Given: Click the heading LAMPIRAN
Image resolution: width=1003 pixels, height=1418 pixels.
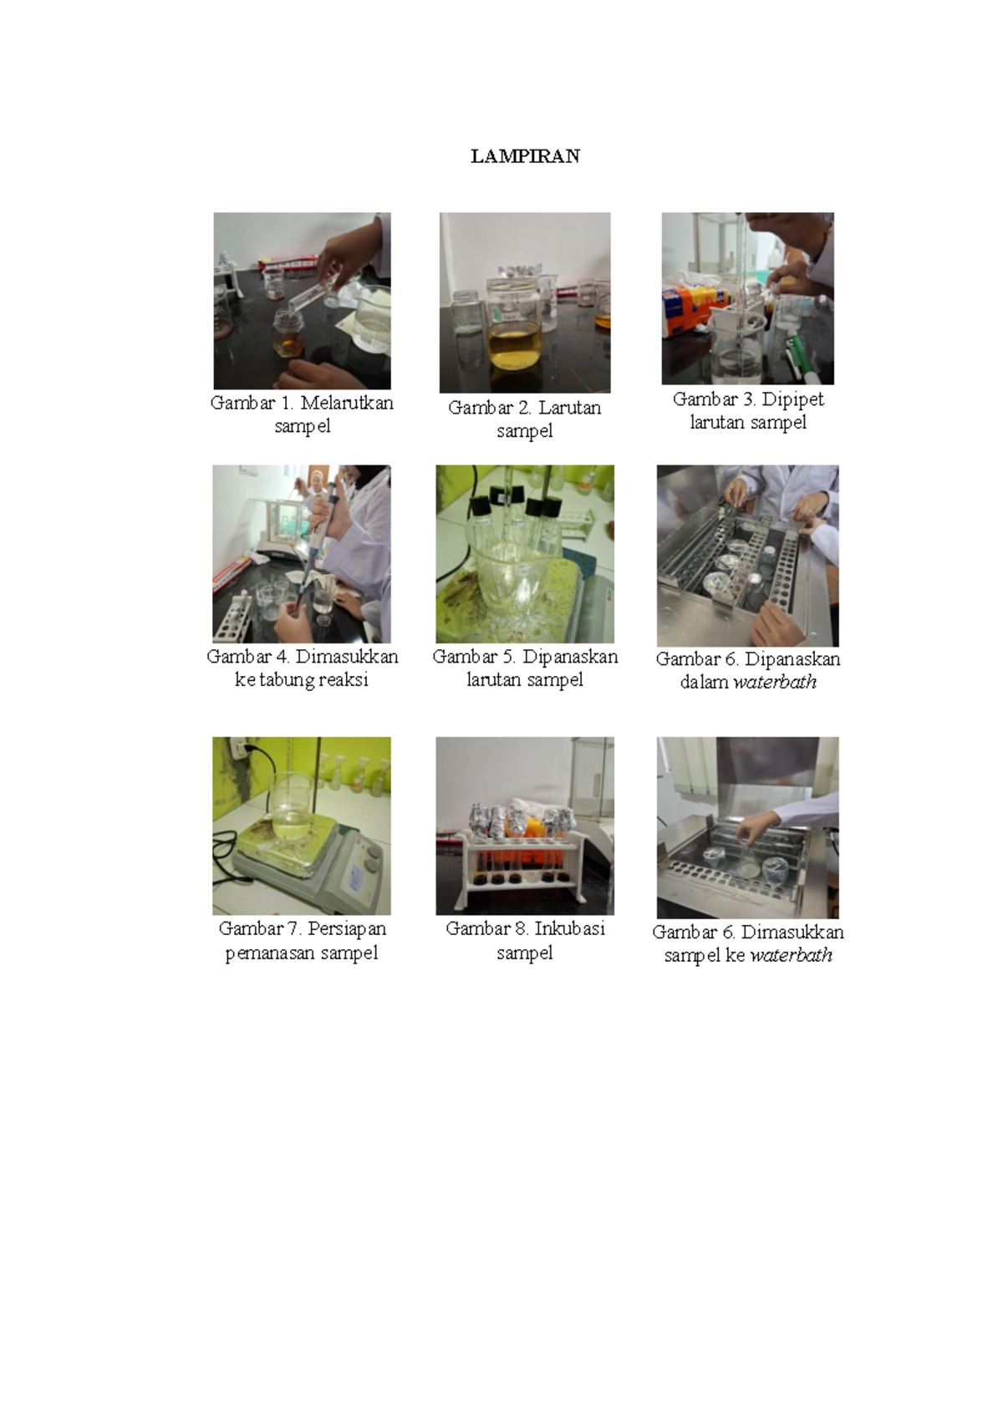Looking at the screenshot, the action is (x=525, y=156).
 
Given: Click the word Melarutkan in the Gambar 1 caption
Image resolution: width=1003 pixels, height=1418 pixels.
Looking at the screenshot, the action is (x=347, y=403).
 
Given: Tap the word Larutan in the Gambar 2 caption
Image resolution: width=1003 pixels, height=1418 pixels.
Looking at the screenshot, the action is (x=568, y=408).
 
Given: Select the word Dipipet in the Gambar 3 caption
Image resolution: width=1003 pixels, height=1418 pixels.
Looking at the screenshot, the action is (x=792, y=399).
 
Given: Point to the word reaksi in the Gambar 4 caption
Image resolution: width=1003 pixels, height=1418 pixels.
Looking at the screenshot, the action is (x=345, y=680).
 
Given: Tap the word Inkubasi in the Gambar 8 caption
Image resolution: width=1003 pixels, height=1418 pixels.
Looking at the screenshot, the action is (x=569, y=928).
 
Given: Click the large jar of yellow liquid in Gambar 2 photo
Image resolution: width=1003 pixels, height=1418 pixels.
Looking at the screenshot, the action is (x=513, y=324).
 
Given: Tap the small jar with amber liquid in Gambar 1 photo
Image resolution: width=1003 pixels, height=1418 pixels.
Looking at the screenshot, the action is (x=288, y=333).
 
